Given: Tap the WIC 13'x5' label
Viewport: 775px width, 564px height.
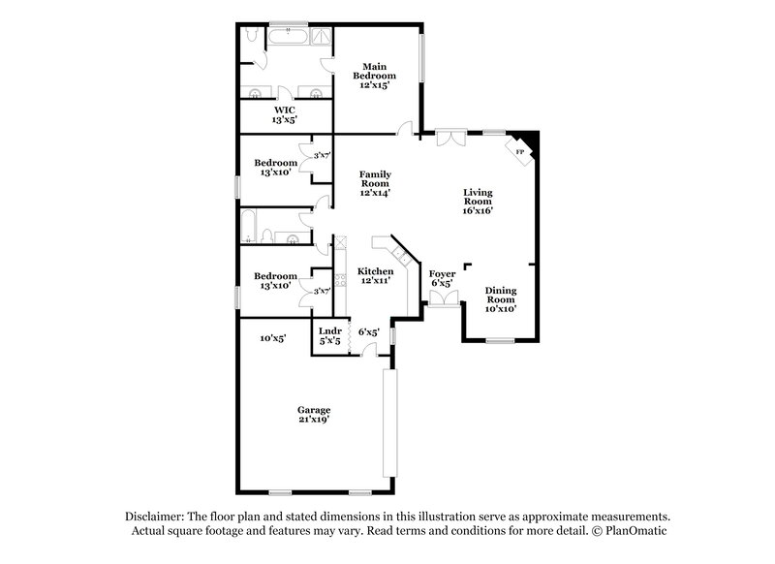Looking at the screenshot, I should click(x=284, y=115).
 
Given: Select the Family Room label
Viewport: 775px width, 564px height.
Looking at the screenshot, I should click(x=374, y=183).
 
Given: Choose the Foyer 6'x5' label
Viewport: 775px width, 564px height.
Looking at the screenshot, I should click(x=442, y=279).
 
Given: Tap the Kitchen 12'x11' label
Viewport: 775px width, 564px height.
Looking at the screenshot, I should click(x=374, y=276).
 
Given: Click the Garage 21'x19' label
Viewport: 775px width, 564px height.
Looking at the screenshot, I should click(x=314, y=414).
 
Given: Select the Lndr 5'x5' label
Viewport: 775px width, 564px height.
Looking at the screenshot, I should click(x=329, y=335).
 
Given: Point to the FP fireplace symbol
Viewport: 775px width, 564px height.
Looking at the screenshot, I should click(x=519, y=152).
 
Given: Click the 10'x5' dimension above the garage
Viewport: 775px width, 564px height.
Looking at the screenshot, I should click(x=273, y=338).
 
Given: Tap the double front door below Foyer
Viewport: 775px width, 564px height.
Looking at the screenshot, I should click(x=442, y=302).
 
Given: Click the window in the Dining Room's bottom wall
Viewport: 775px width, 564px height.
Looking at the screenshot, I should click(x=500, y=340).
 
